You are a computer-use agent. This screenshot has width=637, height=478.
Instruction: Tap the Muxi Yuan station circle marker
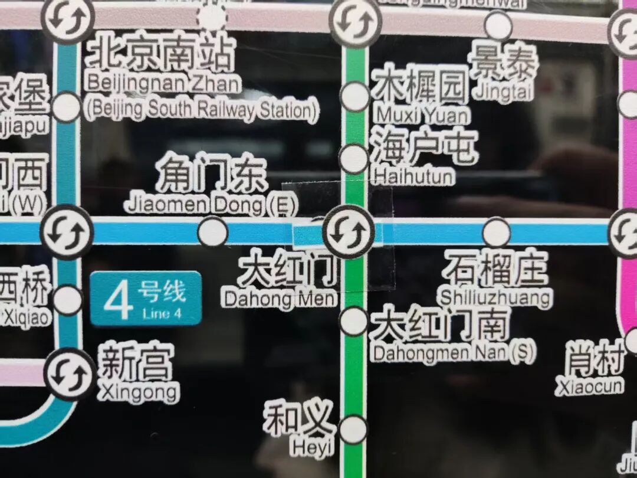tap(355, 97)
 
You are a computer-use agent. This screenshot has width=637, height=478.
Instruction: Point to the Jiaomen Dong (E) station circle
tap(212, 232)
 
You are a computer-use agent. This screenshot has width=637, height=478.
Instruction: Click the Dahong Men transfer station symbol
tap(349, 232)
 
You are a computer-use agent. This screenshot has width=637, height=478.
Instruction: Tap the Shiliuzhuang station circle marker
tap(496, 232)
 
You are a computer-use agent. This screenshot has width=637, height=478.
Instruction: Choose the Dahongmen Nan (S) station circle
tap(354, 321)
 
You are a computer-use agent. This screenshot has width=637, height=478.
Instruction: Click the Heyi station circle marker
tap(353, 429)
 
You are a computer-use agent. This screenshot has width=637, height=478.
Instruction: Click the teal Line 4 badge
tap(146, 299)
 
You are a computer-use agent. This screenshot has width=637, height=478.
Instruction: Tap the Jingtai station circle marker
tap(498, 26)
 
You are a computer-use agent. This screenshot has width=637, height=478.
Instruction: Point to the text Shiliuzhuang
tap(495, 296)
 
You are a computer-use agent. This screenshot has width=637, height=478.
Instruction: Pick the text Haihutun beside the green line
tap(413, 176)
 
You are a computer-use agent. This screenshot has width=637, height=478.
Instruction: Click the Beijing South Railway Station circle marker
tap(66, 107)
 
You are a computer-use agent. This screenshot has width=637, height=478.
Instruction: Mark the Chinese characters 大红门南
tap(439, 325)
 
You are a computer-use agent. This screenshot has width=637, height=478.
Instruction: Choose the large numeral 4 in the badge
tap(116, 300)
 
